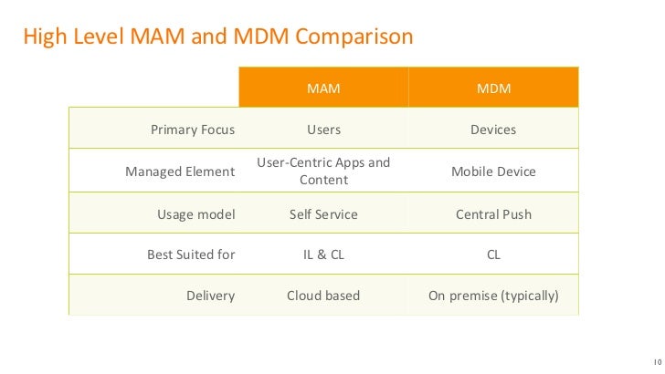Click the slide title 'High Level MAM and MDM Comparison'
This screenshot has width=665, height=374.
[x=217, y=37]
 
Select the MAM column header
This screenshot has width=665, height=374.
[x=323, y=89]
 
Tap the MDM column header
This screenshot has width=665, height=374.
[x=493, y=89]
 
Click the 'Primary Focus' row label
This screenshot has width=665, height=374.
[x=192, y=130]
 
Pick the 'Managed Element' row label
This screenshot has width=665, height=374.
[x=179, y=171]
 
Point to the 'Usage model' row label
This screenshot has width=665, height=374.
[x=195, y=214]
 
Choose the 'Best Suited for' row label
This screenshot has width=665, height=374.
[x=191, y=255]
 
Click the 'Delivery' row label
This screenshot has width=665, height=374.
[x=212, y=296]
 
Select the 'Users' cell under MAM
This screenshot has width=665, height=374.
[x=323, y=130]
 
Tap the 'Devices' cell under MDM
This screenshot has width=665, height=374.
[x=493, y=130]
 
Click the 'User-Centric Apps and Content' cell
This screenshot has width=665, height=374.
[x=323, y=171]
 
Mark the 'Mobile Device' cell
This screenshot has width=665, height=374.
[x=493, y=171]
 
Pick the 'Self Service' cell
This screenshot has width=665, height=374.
[x=323, y=214]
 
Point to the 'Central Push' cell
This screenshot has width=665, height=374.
[x=493, y=214]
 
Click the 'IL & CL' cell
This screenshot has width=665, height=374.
[x=323, y=255]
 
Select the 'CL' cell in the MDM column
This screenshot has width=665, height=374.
[x=493, y=255]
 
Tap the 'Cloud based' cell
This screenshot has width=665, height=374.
[x=323, y=296]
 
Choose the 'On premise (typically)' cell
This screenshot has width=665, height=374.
[x=493, y=296]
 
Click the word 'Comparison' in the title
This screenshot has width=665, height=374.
[x=354, y=37]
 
